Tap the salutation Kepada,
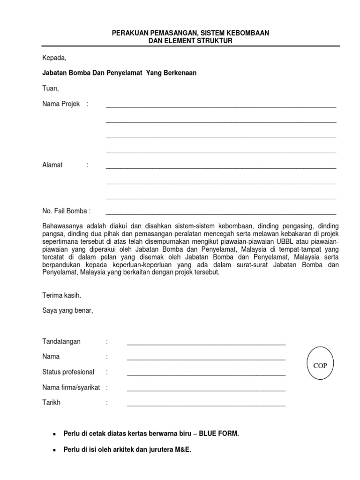(x=54, y=58)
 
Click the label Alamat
(x=52, y=165)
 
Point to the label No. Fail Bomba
(x=66, y=211)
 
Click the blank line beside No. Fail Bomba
(x=221, y=213)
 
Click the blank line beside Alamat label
(x=221, y=167)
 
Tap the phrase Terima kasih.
(x=62, y=295)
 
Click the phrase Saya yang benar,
(x=68, y=310)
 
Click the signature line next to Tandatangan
(x=206, y=344)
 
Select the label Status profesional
(x=68, y=372)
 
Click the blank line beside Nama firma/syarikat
(x=206, y=390)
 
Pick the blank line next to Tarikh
(x=206, y=405)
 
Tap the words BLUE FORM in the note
(x=219, y=434)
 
